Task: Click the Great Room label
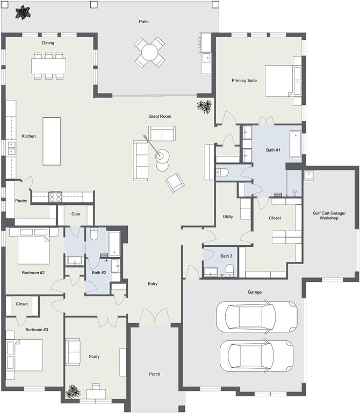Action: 160,116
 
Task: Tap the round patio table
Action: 150,52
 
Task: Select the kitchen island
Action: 52,141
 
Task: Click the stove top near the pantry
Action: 56,197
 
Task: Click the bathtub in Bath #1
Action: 296,144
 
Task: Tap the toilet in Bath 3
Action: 229,270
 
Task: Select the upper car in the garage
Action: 256,317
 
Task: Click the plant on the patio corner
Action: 22,12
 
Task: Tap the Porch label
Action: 155,374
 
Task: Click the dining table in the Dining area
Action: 48,66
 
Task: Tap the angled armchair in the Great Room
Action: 175,182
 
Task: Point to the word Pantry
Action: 21,201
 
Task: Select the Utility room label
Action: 228,217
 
